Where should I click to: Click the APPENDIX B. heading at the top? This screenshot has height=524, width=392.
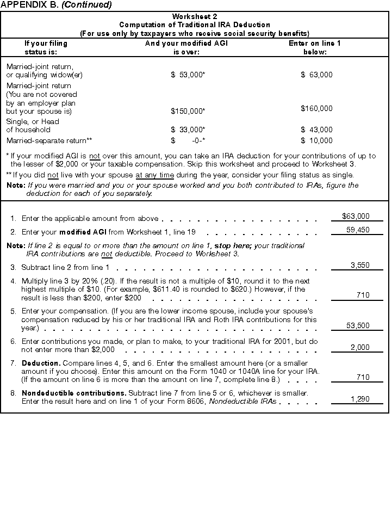[57, 5]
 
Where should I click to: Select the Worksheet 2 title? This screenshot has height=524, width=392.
[195, 17]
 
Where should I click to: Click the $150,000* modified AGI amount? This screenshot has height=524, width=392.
[188, 111]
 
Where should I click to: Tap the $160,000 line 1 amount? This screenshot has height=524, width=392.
[316, 109]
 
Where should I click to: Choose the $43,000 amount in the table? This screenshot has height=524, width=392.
[316, 130]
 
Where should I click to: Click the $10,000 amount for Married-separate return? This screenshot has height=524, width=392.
[316, 141]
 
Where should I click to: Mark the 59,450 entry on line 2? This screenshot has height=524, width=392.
[357, 230]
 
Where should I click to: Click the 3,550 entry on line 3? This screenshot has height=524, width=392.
[359, 266]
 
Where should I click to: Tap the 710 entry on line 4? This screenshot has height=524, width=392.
[363, 295]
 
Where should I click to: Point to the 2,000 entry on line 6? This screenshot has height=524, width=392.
[359, 347]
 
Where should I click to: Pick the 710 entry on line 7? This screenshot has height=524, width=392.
[363, 378]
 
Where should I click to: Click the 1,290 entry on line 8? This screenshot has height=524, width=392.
[359, 399]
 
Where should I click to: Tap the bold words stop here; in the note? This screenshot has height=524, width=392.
[229, 246]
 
